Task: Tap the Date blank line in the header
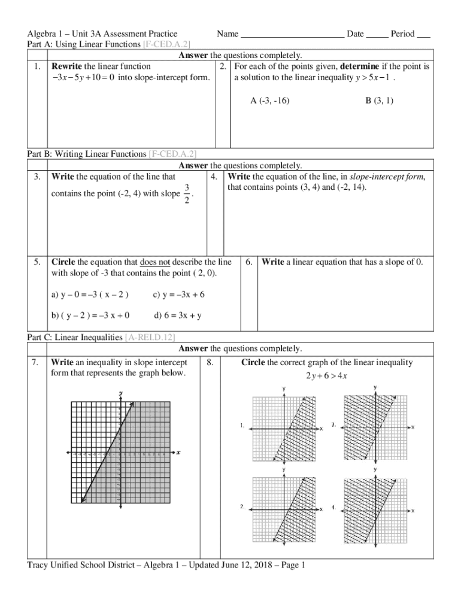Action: point(377,35)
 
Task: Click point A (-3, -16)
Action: point(269,101)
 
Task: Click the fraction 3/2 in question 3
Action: point(187,194)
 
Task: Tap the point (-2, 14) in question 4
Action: point(350,188)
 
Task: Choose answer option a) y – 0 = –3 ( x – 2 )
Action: point(90,295)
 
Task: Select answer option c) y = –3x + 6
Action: point(179,295)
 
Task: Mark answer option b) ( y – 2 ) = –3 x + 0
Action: point(91,315)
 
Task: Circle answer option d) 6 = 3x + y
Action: point(178,315)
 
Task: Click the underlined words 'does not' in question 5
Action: point(155,262)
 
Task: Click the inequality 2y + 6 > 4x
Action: point(326,376)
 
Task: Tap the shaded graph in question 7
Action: point(121,452)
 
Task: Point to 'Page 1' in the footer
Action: point(291,565)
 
